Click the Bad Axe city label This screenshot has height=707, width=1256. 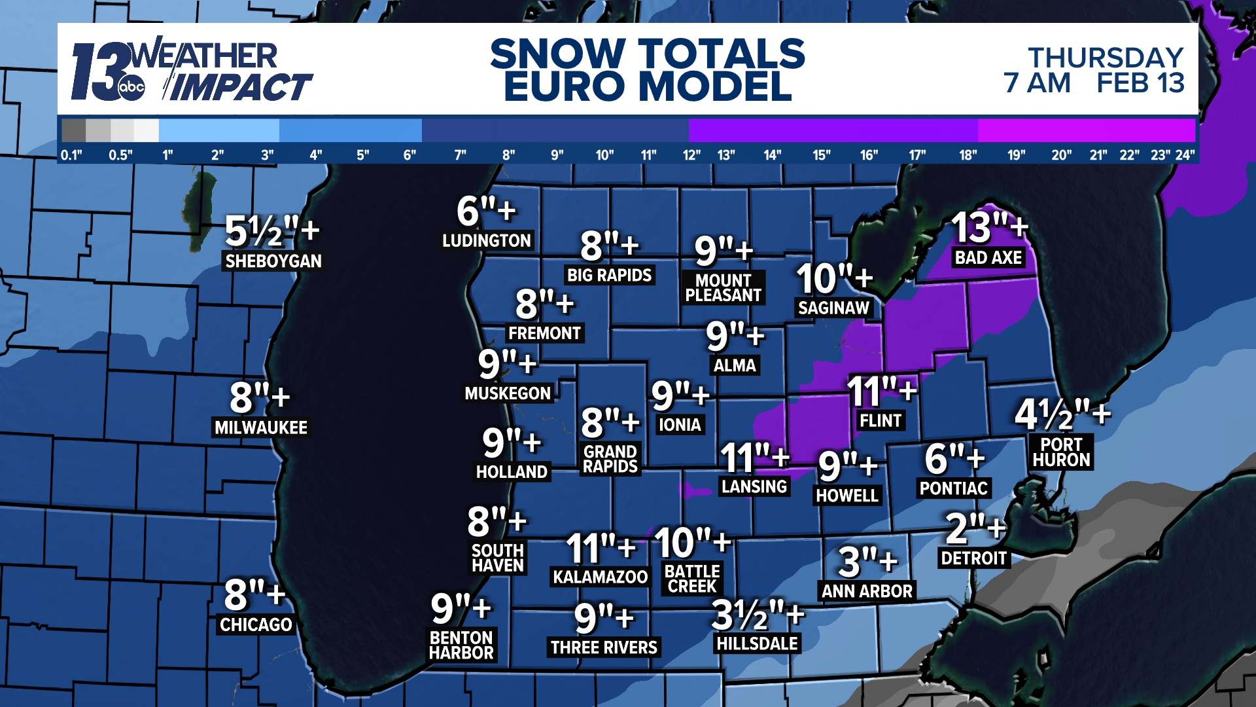point(988,258)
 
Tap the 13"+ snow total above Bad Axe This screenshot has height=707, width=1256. point(988,227)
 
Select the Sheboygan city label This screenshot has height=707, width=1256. point(273,261)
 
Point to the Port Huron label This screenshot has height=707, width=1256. point(1061,452)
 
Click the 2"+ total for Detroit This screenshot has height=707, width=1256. point(975,528)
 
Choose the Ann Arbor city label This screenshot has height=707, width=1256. point(867,591)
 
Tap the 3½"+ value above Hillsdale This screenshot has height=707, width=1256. point(758,615)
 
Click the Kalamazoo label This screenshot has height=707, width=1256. point(600,577)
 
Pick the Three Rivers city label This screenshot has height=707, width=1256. point(604,647)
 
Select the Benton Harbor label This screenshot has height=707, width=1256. point(461,645)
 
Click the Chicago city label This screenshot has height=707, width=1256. point(256,625)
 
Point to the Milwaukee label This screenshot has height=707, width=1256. point(261,427)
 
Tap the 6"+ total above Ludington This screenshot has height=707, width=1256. point(486,211)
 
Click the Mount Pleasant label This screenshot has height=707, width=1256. point(723,288)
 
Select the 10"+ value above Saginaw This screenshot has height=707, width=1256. point(834,278)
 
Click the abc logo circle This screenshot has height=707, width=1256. point(131,88)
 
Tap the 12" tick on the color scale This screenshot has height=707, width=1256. point(691,155)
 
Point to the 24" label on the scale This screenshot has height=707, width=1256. point(1185,155)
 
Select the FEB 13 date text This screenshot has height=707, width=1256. point(1140,83)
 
